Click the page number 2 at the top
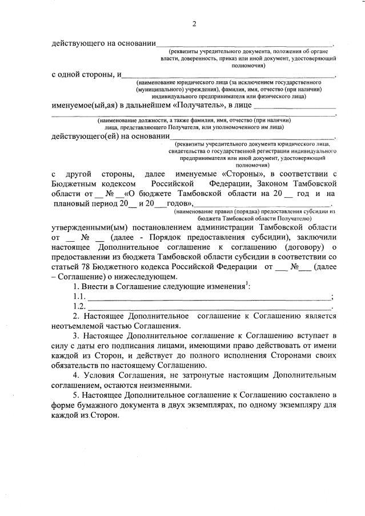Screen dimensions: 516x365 194,23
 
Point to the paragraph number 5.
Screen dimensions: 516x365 75,395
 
